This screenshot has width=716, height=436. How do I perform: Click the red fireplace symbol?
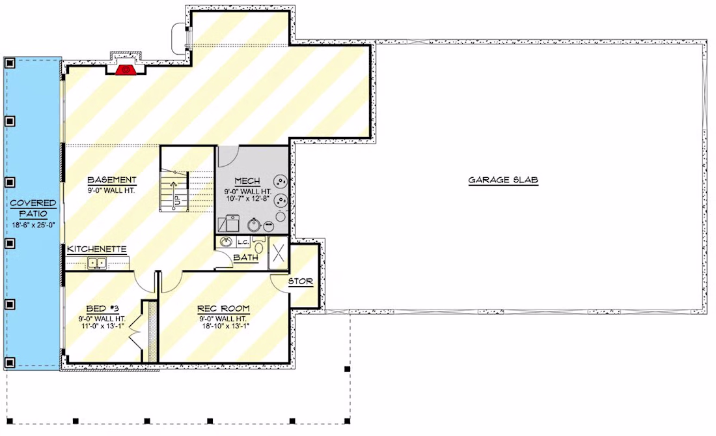pyautogui.click(x=124, y=70)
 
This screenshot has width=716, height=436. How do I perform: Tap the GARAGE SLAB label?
pyautogui.click(x=503, y=180)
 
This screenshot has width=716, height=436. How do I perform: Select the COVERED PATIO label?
pyautogui.click(x=33, y=208)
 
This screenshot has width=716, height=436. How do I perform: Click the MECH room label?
pyautogui.click(x=247, y=181)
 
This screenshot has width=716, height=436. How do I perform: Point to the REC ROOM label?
pyautogui.click(x=223, y=309)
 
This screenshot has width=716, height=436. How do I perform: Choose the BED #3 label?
pyautogui.click(x=102, y=309)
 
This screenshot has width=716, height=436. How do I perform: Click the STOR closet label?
pyautogui.click(x=301, y=282)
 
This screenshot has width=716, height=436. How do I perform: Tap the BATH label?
pyautogui.click(x=245, y=258)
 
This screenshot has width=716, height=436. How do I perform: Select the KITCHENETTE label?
pyautogui.click(x=97, y=249)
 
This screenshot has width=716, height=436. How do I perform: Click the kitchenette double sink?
pyautogui.click(x=97, y=263)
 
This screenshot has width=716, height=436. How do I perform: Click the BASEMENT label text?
pyautogui.click(x=112, y=180)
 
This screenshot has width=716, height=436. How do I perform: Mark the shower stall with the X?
pyautogui.click(x=279, y=253)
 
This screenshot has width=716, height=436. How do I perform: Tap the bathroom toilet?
pyautogui.click(x=259, y=246)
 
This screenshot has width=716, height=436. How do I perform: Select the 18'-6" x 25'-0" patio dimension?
pyautogui.click(x=33, y=225)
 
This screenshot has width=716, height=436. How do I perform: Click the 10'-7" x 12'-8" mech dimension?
pyautogui.click(x=247, y=199)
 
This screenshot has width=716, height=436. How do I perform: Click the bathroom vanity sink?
pyautogui.click(x=226, y=242)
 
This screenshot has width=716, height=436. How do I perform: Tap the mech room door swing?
pyautogui.click(x=227, y=156)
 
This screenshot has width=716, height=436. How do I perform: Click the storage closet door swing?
pyautogui.click(x=279, y=282)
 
